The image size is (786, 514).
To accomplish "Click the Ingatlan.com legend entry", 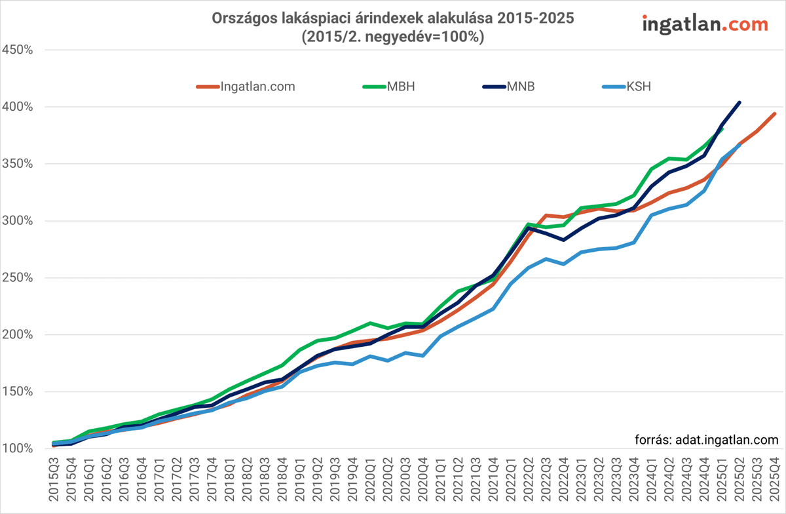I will coord(246,86).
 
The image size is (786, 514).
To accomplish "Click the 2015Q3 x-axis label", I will coord(54,483).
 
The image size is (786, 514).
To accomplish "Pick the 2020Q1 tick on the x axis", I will coord(371,483).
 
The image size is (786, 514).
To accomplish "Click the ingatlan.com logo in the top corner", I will coord(705,24).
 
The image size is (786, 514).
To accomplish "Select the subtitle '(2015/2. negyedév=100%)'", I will coord(392,37).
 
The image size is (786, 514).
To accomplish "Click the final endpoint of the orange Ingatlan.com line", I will coord(775,113).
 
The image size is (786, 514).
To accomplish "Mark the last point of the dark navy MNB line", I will coord(739,102).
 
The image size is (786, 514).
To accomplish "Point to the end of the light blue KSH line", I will coord(739,145).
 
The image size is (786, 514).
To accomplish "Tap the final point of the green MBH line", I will coord(722,128).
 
